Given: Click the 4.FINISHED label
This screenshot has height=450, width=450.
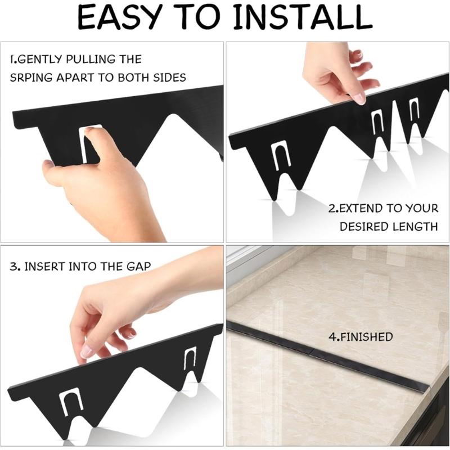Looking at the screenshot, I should tap(361, 337).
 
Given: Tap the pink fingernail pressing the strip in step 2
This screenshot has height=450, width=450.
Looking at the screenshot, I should tap(359, 98).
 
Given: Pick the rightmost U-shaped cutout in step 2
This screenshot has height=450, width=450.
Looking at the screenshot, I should tap(414, 111).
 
